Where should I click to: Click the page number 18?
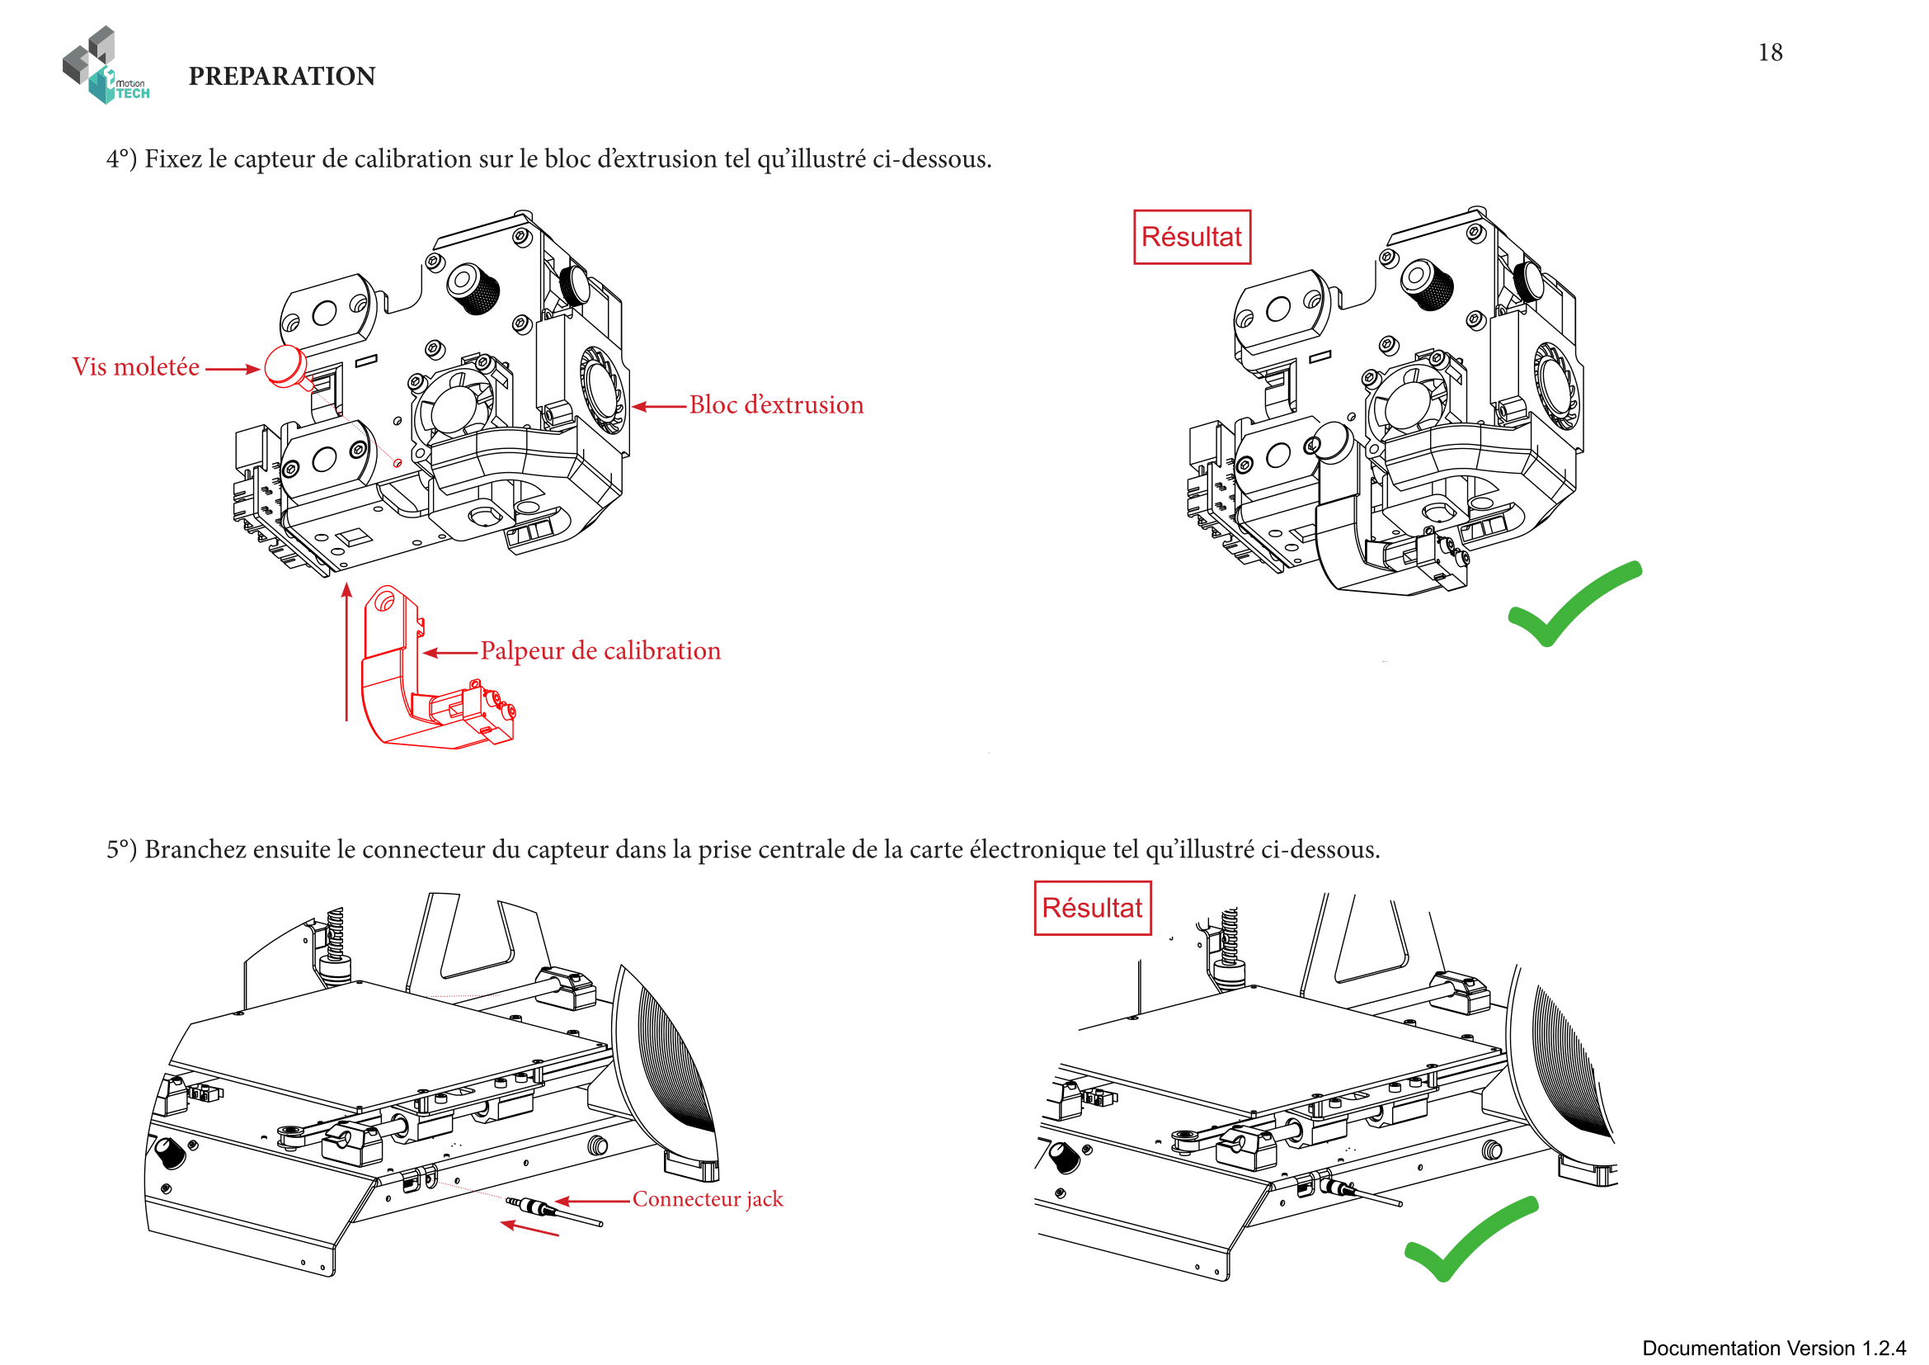[x=1769, y=52]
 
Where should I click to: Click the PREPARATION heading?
[x=281, y=77]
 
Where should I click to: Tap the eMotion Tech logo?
[x=105, y=66]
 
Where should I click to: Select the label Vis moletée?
[x=135, y=367]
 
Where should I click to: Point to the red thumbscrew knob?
[x=285, y=365]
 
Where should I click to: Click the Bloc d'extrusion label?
[x=775, y=405]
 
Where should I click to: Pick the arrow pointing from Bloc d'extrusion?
[x=660, y=407]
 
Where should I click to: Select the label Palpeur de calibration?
[x=600, y=651]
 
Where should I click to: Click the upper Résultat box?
[x=1192, y=237]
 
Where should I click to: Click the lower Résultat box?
[x=1091, y=908]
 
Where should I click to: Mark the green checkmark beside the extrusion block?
[x=1570, y=603]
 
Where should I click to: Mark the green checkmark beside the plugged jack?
[x=1469, y=1238]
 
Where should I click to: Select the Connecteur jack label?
[x=708, y=1199]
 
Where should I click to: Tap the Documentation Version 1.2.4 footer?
[x=1774, y=1348]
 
